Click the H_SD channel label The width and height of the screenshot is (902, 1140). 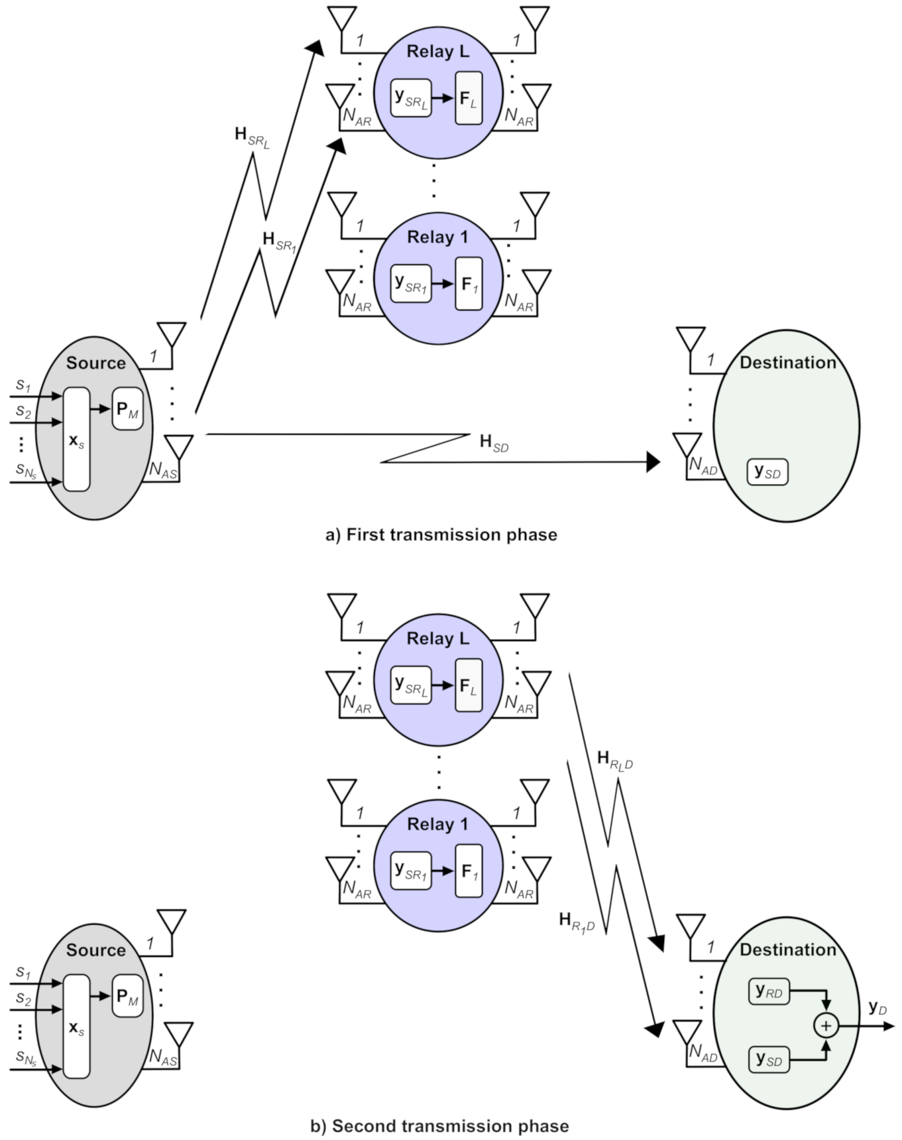494,443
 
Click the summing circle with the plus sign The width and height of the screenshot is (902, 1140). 826,1026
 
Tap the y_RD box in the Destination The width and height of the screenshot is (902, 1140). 769,992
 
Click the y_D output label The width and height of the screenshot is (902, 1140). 877,1009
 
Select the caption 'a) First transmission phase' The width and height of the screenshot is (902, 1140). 441,535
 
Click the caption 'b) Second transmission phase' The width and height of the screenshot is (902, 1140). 439,1126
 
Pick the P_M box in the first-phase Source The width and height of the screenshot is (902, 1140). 127,409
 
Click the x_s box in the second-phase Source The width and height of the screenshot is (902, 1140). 76,1027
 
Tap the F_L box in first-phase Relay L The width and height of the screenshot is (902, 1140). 469,99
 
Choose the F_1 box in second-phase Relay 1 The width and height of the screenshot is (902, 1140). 469,871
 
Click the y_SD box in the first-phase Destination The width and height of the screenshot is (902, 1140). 767,472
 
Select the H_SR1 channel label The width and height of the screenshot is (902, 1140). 279,241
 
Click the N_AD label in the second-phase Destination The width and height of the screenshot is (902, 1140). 703,1053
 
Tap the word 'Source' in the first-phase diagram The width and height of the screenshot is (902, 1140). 96,363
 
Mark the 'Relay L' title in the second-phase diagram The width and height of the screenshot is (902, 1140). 437,639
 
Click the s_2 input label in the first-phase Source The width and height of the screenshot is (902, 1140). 24,411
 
